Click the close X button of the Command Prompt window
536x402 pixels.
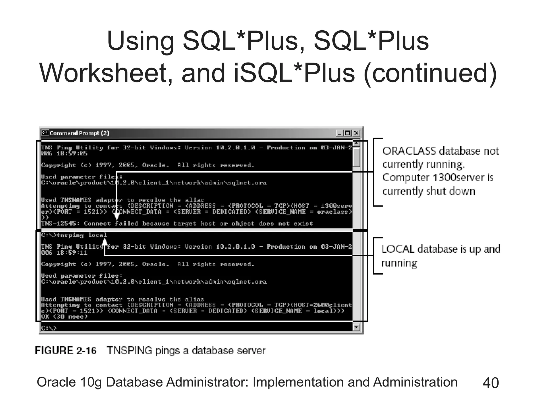[356, 133]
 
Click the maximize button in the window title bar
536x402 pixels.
[348, 133]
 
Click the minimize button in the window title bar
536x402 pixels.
[339, 133]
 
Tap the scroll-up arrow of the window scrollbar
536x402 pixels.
[356, 143]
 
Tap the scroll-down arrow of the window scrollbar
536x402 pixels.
[356, 327]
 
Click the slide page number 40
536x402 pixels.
[490, 383]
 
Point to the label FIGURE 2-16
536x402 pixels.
[66, 350]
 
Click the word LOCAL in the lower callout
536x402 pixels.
[398, 249]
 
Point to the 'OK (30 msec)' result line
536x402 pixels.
[64, 317]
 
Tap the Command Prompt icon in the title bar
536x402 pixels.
[45, 133]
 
